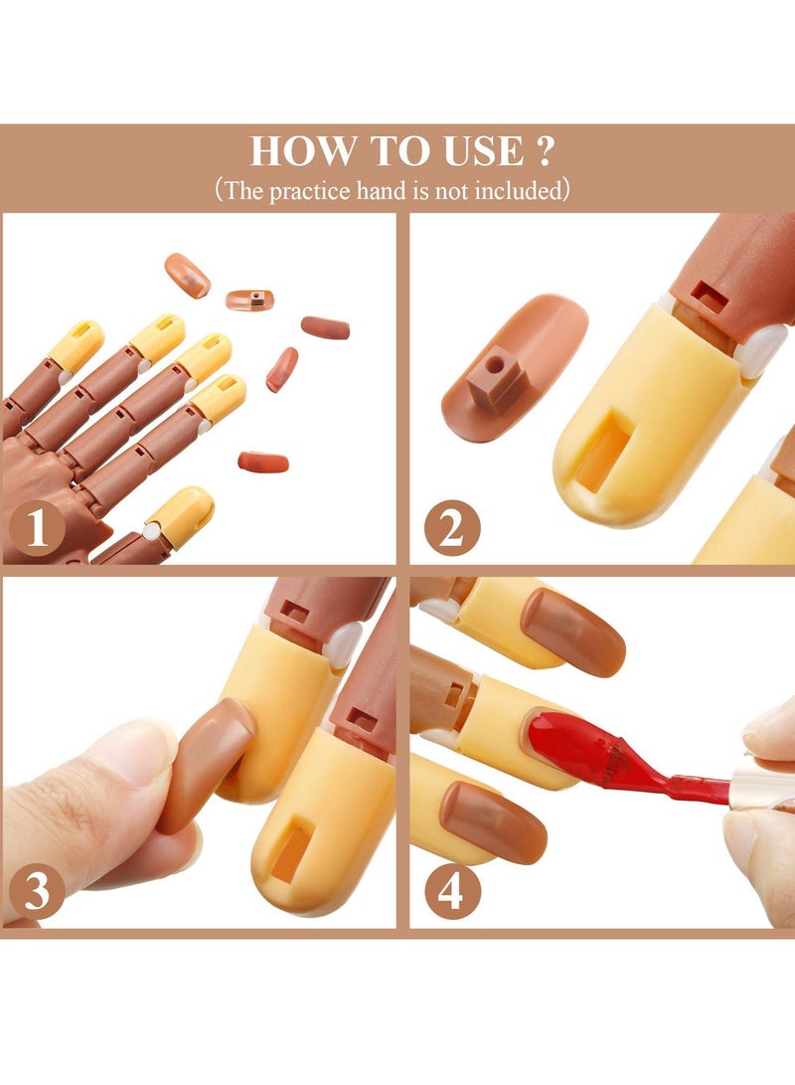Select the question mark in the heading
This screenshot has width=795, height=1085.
pyautogui.click(x=543, y=151)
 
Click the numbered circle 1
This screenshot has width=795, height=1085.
pyautogui.click(x=38, y=528)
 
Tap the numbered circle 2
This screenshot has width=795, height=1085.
pyautogui.click(x=451, y=528)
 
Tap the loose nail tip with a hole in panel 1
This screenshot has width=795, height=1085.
pyautogui.click(x=249, y=298)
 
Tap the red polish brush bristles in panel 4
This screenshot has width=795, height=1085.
pyautogui.click(x=606, y=762)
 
